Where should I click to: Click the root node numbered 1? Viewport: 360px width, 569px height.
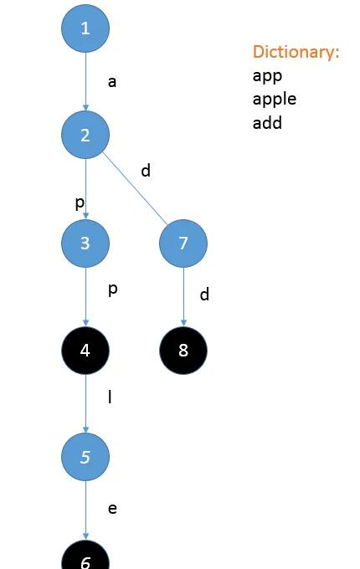tap(85, 28)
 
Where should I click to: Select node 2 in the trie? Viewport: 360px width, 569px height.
tap(85, 135)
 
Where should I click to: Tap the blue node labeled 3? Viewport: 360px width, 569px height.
tap(85, 243)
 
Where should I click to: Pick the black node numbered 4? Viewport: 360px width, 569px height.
tap(85, 350)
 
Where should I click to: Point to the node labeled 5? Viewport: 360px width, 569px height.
tap(85, 457)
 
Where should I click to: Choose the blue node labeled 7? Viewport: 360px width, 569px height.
tap(183, 243)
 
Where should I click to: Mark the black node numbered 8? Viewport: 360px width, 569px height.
tap(183, 350)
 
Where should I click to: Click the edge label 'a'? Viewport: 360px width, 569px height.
tap(112, 82)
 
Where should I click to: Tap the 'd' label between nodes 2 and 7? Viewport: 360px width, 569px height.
tap(146, 170)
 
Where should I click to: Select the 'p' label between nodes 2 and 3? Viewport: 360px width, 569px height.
tap(80, 203)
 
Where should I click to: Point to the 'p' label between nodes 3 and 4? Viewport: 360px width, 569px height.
tap(113, 290)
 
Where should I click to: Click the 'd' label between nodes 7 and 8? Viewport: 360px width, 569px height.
tap(204, 295)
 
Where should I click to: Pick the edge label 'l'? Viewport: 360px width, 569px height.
tap(110, 397)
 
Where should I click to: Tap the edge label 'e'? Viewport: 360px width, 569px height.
tap(112, 509)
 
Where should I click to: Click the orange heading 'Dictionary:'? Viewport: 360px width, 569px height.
tap(296, 52)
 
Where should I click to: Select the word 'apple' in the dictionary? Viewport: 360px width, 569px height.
tap(275, 100)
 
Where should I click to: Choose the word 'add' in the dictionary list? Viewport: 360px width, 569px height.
tap(267, 123)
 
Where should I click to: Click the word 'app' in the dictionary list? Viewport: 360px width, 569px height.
tap(267, 76)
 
